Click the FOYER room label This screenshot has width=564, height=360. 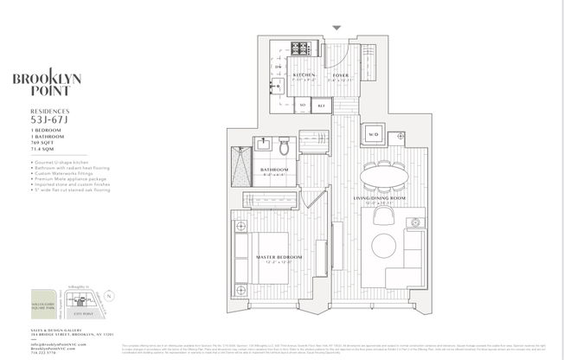point(340,76)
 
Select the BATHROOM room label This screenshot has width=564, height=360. point(274,169)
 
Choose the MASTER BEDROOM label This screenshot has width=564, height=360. point(279,257)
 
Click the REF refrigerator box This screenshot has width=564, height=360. point(320,106)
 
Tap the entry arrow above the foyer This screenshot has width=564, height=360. point(336,29)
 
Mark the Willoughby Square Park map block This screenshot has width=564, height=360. point(46,299)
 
